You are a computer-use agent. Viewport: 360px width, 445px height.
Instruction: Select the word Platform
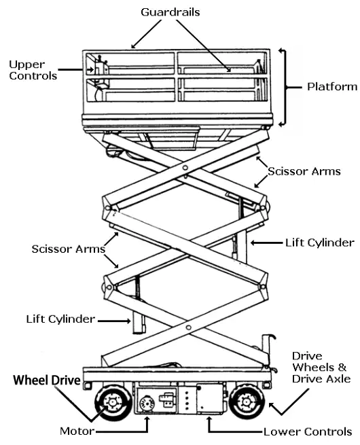[331, 86]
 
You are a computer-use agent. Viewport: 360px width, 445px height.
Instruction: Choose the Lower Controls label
[307, 431]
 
